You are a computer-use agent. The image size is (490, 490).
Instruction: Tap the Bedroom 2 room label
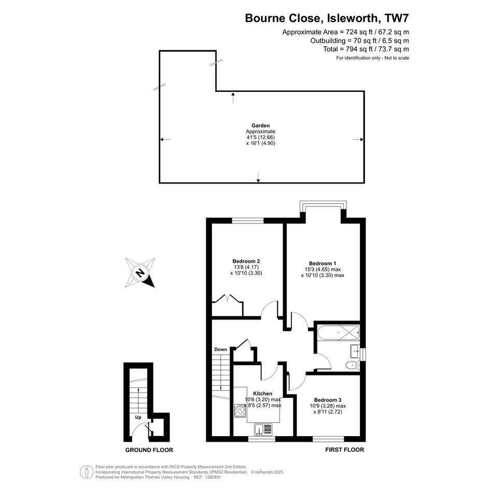coord(246,261)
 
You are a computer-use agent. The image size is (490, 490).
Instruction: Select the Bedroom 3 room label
coord(328,400)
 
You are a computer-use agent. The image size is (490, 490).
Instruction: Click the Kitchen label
coord(262,394)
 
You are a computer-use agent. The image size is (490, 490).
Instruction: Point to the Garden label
coord(261,125)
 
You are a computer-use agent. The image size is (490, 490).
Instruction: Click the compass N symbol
coord(141,273)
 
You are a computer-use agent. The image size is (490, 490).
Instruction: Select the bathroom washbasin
coord(355,351)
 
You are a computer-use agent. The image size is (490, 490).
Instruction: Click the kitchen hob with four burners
coord(240,411)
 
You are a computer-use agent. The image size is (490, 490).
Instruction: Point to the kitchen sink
coord(263,429)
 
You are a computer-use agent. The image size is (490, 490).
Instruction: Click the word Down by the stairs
coord(220,349)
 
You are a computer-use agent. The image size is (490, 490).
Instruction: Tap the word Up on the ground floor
coord(138,417)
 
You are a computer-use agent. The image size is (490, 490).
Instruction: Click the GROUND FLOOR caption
coord(149,450)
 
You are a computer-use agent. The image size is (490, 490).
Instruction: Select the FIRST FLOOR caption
coord(345,450)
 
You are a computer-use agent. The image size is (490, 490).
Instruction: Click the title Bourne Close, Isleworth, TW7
coord(327,18)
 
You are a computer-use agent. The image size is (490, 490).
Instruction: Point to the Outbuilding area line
coord(359,40)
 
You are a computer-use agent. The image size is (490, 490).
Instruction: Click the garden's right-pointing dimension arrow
coord(358,139)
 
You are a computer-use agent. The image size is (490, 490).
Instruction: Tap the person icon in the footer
coord(85,472)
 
